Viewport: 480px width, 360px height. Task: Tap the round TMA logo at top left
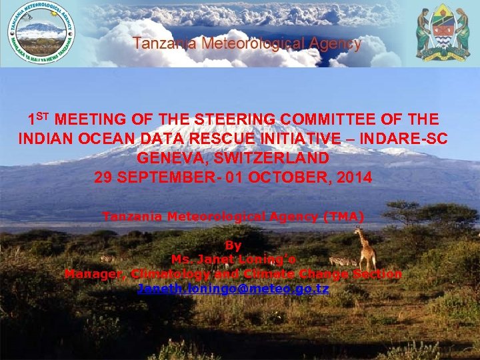pos(41,33)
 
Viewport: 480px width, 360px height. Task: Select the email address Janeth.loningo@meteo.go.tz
pos(233,289)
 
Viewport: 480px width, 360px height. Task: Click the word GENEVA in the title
pos(167,159)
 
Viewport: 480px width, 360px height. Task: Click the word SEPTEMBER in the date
pos(167,178)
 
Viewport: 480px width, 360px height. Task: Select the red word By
pos(233,246)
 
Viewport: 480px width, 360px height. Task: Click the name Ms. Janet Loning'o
pos(233,260)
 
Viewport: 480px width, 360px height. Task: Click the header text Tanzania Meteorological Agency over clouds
pos(247,44)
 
